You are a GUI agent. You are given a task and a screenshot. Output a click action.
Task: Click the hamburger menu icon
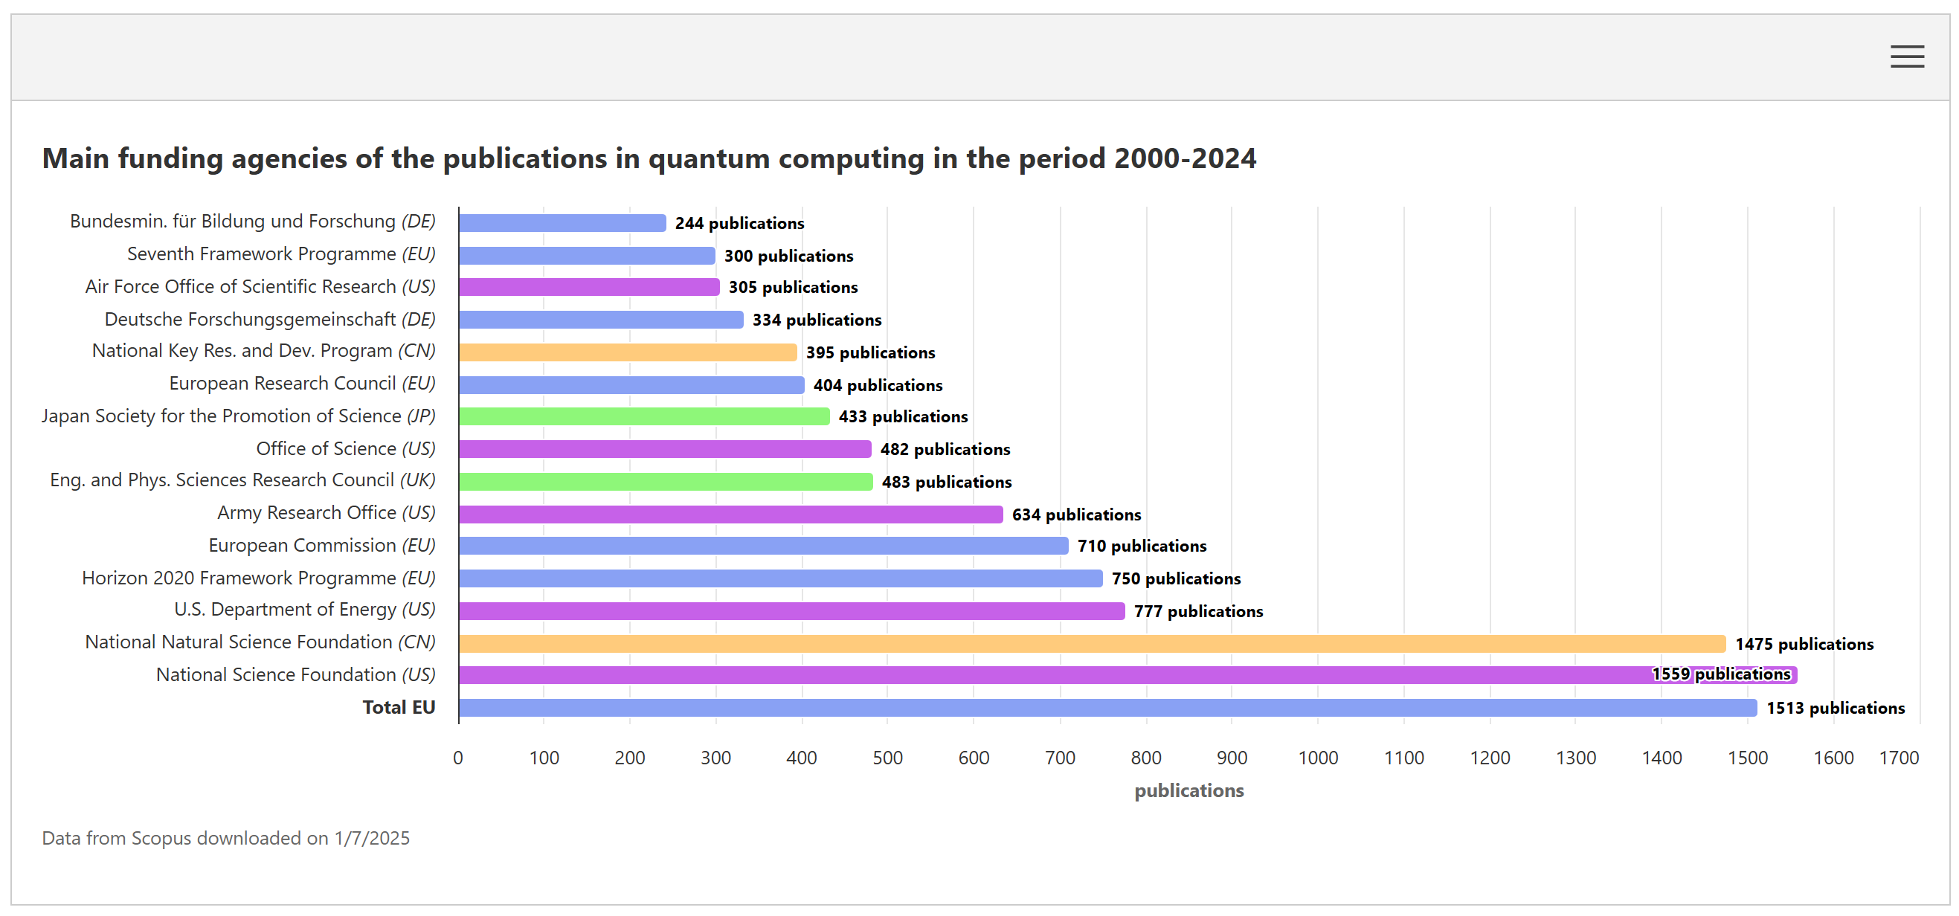tap(1906, 57)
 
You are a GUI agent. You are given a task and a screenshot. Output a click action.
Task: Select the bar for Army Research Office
tap(730, 515)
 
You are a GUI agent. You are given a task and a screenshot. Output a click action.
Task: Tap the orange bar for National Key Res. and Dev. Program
tap(628, 352)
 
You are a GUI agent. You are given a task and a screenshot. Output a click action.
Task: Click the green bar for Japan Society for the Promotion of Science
tap(643, 416)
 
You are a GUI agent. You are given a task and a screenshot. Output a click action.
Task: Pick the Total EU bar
tap(1107, 708)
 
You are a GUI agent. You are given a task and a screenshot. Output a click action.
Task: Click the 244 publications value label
tap(739, 224)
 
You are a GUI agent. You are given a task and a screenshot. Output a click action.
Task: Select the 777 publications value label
tap(1197, 611)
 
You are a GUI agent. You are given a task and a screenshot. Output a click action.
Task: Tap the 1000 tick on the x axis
tap(1318, 758)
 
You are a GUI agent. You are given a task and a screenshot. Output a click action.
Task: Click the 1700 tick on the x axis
tap(1898, 758)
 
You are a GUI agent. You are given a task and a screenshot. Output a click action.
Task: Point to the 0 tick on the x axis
tap(458, 758)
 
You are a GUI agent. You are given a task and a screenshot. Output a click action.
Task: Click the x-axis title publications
tap(1188, 790)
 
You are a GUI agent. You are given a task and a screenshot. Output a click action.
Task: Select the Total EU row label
tap(399, 708)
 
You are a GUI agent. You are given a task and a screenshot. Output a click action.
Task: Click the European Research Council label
tap(302, 383)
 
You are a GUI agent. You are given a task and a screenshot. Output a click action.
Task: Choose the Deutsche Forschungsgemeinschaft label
tap(269, 319)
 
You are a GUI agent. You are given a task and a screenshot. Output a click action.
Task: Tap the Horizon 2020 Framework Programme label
tap(259, 578)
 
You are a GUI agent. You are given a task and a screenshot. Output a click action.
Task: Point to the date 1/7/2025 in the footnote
tap(372, 838)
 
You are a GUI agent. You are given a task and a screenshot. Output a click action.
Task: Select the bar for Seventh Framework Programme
tap(586, 256)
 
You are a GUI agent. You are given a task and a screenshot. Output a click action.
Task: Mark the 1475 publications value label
tap(1803, 644)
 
